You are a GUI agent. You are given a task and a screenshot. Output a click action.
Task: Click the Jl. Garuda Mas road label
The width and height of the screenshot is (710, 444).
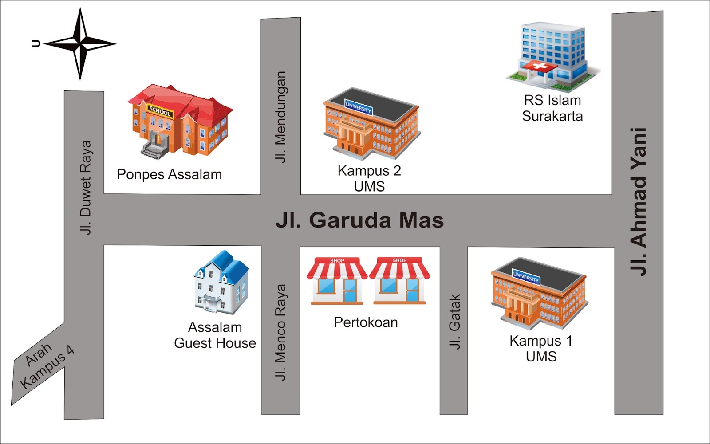click(359, 220)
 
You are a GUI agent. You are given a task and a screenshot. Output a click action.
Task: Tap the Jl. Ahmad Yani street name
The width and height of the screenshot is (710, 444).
click(639, 202)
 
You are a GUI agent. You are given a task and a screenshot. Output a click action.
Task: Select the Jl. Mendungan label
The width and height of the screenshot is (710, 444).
click(280, 117)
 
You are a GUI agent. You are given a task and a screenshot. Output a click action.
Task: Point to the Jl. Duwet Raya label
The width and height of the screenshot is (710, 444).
click(86, 187)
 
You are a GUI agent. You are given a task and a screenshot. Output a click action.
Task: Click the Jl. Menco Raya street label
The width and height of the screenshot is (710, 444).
click(280, 332)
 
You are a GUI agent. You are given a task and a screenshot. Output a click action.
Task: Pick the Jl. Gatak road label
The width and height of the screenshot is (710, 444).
click(454, 322)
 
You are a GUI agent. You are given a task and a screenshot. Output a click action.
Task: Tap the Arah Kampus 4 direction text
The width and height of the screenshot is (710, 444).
click(46, 365)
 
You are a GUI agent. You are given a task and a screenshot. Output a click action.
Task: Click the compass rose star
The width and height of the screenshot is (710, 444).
click(80, 44)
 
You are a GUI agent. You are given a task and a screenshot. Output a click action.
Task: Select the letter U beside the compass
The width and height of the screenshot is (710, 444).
click(36, 43)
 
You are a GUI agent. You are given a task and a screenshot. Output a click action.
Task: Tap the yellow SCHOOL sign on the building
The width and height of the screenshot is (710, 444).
click(160, 110)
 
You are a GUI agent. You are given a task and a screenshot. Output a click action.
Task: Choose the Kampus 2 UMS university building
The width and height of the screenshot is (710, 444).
click(371, 124)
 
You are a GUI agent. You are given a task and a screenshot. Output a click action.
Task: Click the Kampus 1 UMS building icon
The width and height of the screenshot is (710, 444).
click(539, 293)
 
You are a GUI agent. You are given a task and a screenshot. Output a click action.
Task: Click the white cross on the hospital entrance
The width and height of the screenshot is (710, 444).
click(540, 67)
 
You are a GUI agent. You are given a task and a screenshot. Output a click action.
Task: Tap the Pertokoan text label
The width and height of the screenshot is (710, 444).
click(366, 322)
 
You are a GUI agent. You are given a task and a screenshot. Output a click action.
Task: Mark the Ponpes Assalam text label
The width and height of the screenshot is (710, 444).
click(169, 175)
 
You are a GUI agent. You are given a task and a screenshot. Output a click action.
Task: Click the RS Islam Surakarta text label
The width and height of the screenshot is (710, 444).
click(552, 108)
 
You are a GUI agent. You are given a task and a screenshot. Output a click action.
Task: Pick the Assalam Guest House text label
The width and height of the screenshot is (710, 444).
click(215, 335)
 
